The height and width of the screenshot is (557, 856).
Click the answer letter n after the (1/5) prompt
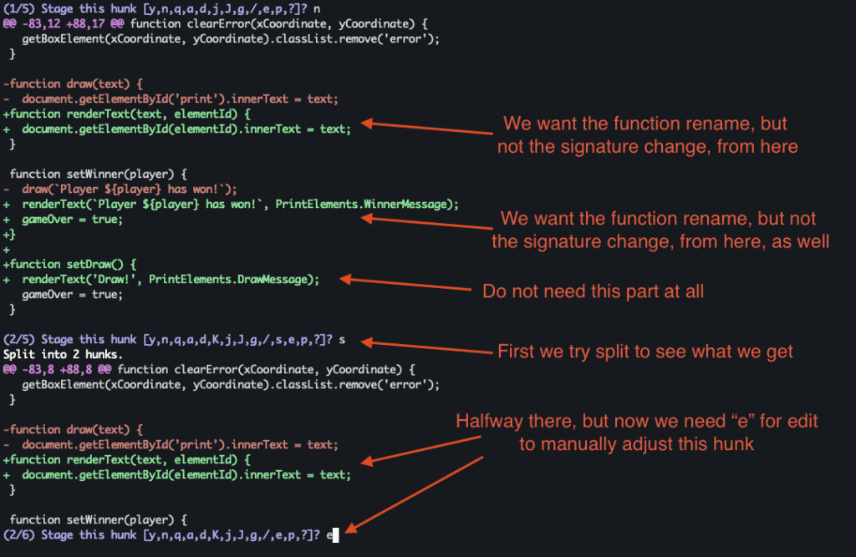click(x=315, y=8)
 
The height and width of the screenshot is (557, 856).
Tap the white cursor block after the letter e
click(x=335, y=535)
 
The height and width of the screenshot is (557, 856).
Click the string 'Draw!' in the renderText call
click(x=116, y=279)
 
